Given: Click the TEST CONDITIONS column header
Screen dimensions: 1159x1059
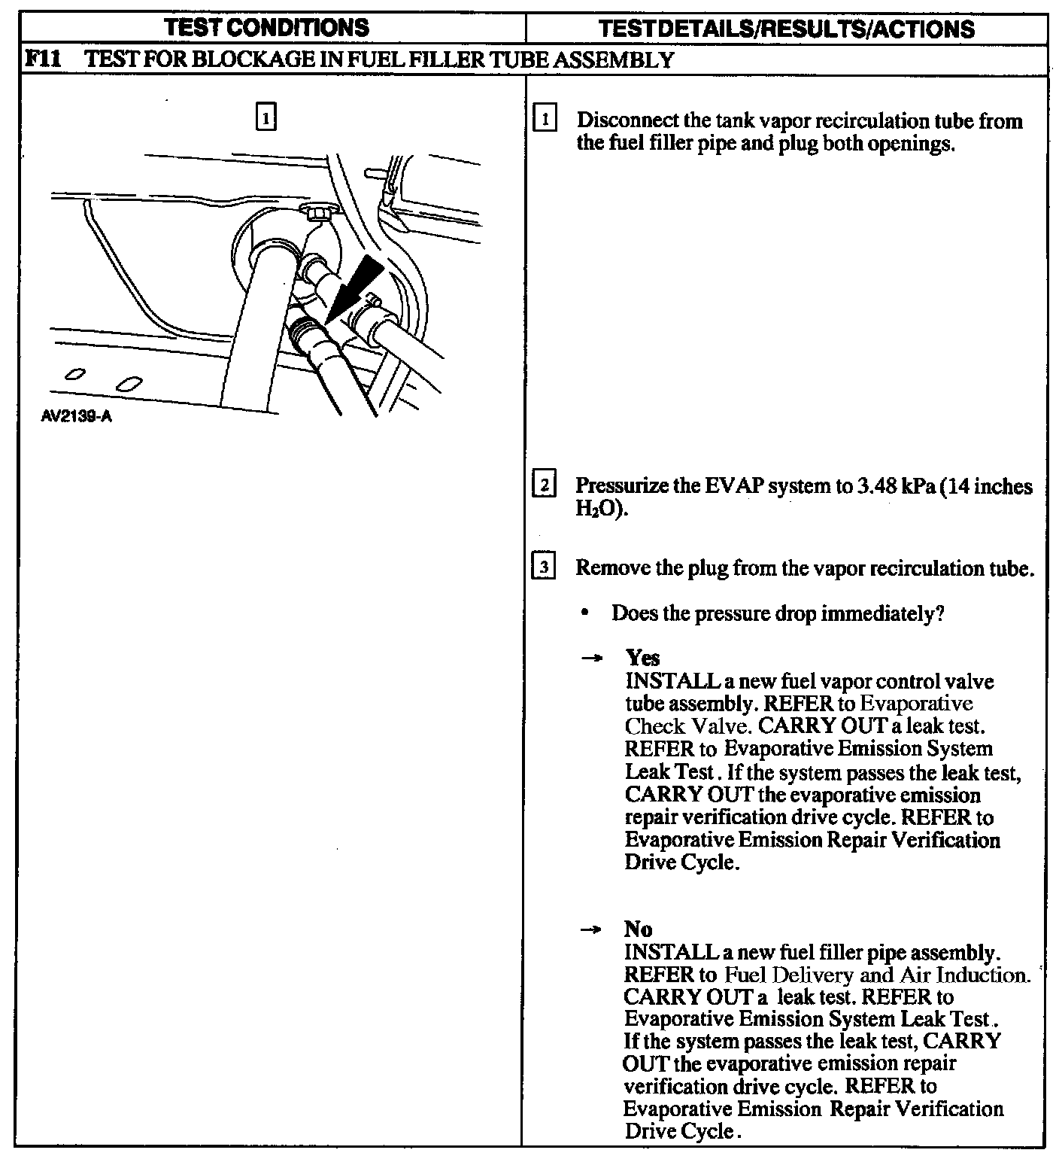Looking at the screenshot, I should point(267,28).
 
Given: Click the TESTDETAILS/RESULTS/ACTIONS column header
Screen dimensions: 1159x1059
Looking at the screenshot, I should point(787,29).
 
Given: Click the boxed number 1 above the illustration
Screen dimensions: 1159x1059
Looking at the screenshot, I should point(266,117).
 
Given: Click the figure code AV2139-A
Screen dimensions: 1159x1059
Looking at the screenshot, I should point(77,416).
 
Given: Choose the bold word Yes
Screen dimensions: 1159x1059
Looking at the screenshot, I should point(642,658).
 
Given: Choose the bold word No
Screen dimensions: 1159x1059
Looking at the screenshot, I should point(638,929).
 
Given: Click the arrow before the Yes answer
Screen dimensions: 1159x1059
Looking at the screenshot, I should point(592,659).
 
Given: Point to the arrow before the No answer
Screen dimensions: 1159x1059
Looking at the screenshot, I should point(592,929).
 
